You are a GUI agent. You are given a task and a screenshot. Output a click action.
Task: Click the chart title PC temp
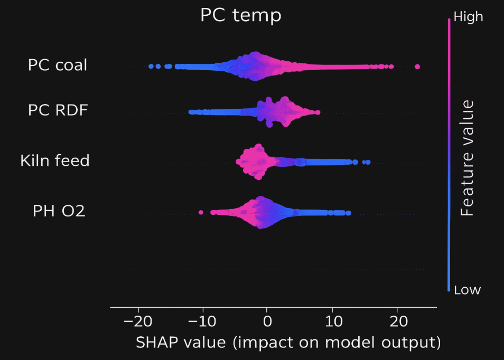[240, 15]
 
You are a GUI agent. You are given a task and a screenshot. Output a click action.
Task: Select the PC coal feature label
[58, 66]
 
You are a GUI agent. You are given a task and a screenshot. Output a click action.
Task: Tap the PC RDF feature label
[58, 110]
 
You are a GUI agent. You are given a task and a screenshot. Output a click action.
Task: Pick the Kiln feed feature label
[55, 160]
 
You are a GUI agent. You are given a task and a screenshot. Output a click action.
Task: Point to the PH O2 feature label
[59, 211]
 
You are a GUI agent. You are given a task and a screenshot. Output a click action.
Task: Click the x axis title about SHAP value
[288, 343]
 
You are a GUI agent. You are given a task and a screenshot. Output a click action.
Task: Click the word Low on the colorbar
[467, 290]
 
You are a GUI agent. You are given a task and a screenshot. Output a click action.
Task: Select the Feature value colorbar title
[467, 157]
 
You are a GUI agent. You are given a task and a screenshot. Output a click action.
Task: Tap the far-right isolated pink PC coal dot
[417, 67]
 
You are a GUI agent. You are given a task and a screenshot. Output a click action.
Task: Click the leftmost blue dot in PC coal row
[151, 67]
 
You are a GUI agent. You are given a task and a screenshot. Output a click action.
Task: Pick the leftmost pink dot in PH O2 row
[201, 212]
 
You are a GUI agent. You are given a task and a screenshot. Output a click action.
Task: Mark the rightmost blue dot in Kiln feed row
[368, 162]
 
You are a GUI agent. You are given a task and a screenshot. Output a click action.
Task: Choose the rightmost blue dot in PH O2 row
[348, 213]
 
